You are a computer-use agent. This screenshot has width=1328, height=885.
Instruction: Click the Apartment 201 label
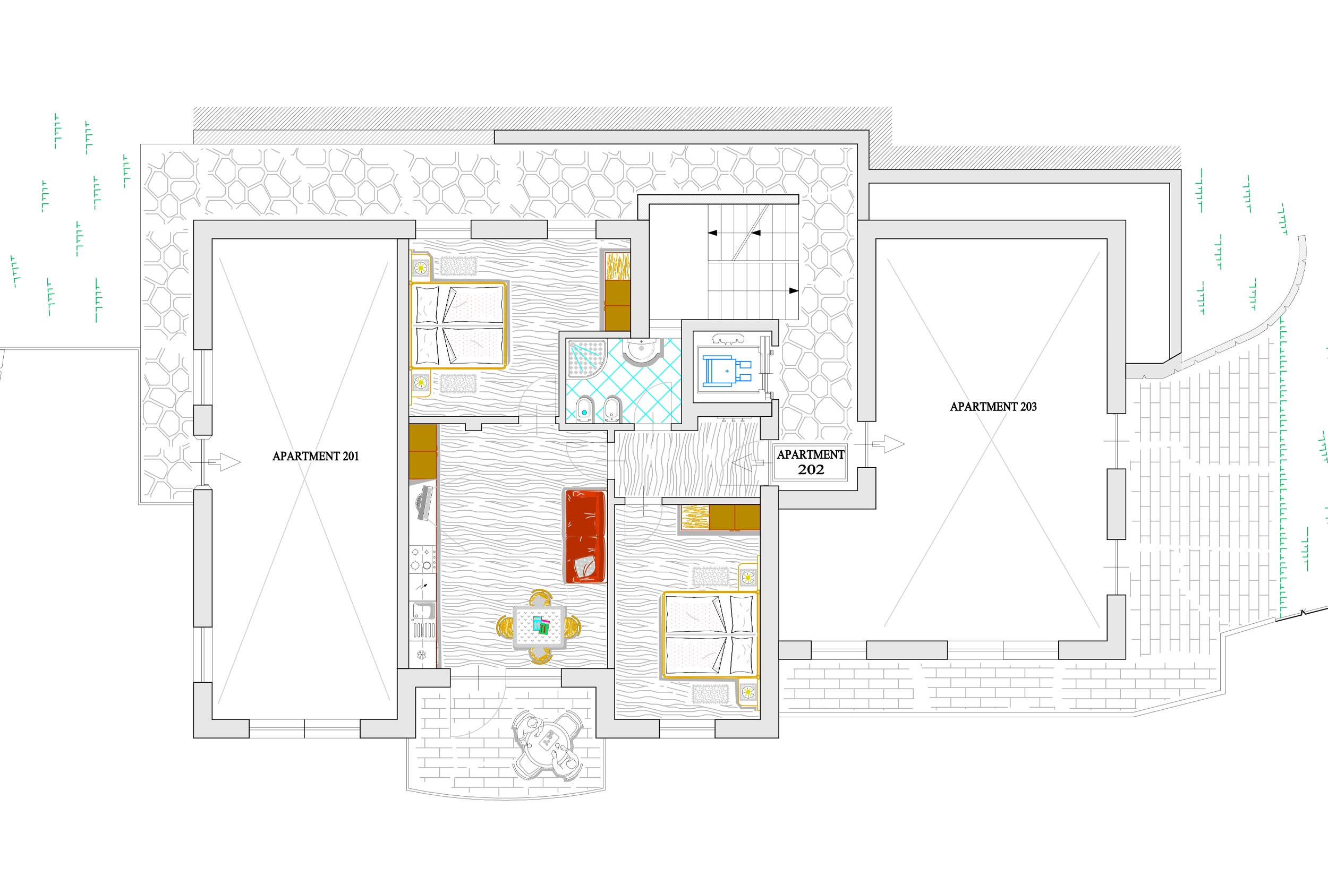pyautogui.click(x=316, y=456)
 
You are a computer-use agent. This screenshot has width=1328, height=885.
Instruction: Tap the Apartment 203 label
pyautogui.click(x=993, y=406)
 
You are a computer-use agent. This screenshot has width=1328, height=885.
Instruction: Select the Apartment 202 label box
pyautogui.click(x=810, y=462)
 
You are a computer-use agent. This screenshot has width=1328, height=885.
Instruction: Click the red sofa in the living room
pyautogui.click(x=585, y=536)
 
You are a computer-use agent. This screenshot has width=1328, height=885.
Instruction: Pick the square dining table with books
pyautogui.click(x=539, y=626)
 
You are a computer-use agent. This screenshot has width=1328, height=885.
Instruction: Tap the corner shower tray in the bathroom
pyautogui.click(x=586, y=358)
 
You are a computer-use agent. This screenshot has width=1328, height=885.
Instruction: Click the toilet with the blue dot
pyautogui.click(x=584, y=410)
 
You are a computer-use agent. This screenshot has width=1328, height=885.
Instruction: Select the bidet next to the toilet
pyautogui.click(x=612, y=410)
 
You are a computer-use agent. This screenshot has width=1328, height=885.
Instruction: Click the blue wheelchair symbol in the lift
pyautogui.click(x=727, y=371)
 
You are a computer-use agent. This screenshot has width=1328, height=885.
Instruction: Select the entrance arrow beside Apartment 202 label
pyautogui.click(x=747, y=463)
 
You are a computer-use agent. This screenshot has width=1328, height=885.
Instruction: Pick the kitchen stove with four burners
pyautogui.click(x=423, y=559)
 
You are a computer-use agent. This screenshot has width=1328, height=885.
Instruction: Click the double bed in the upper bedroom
pyautogui.click(x=459, y=325)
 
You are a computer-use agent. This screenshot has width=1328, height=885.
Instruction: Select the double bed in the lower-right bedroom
pyautogui.click(x=710, y=634)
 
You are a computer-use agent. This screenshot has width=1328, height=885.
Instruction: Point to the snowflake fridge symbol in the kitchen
pyautogui.click(x=421, y=655)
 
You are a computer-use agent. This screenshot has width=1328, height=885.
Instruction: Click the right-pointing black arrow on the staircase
pyautogui.click(x=793, y=291)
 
